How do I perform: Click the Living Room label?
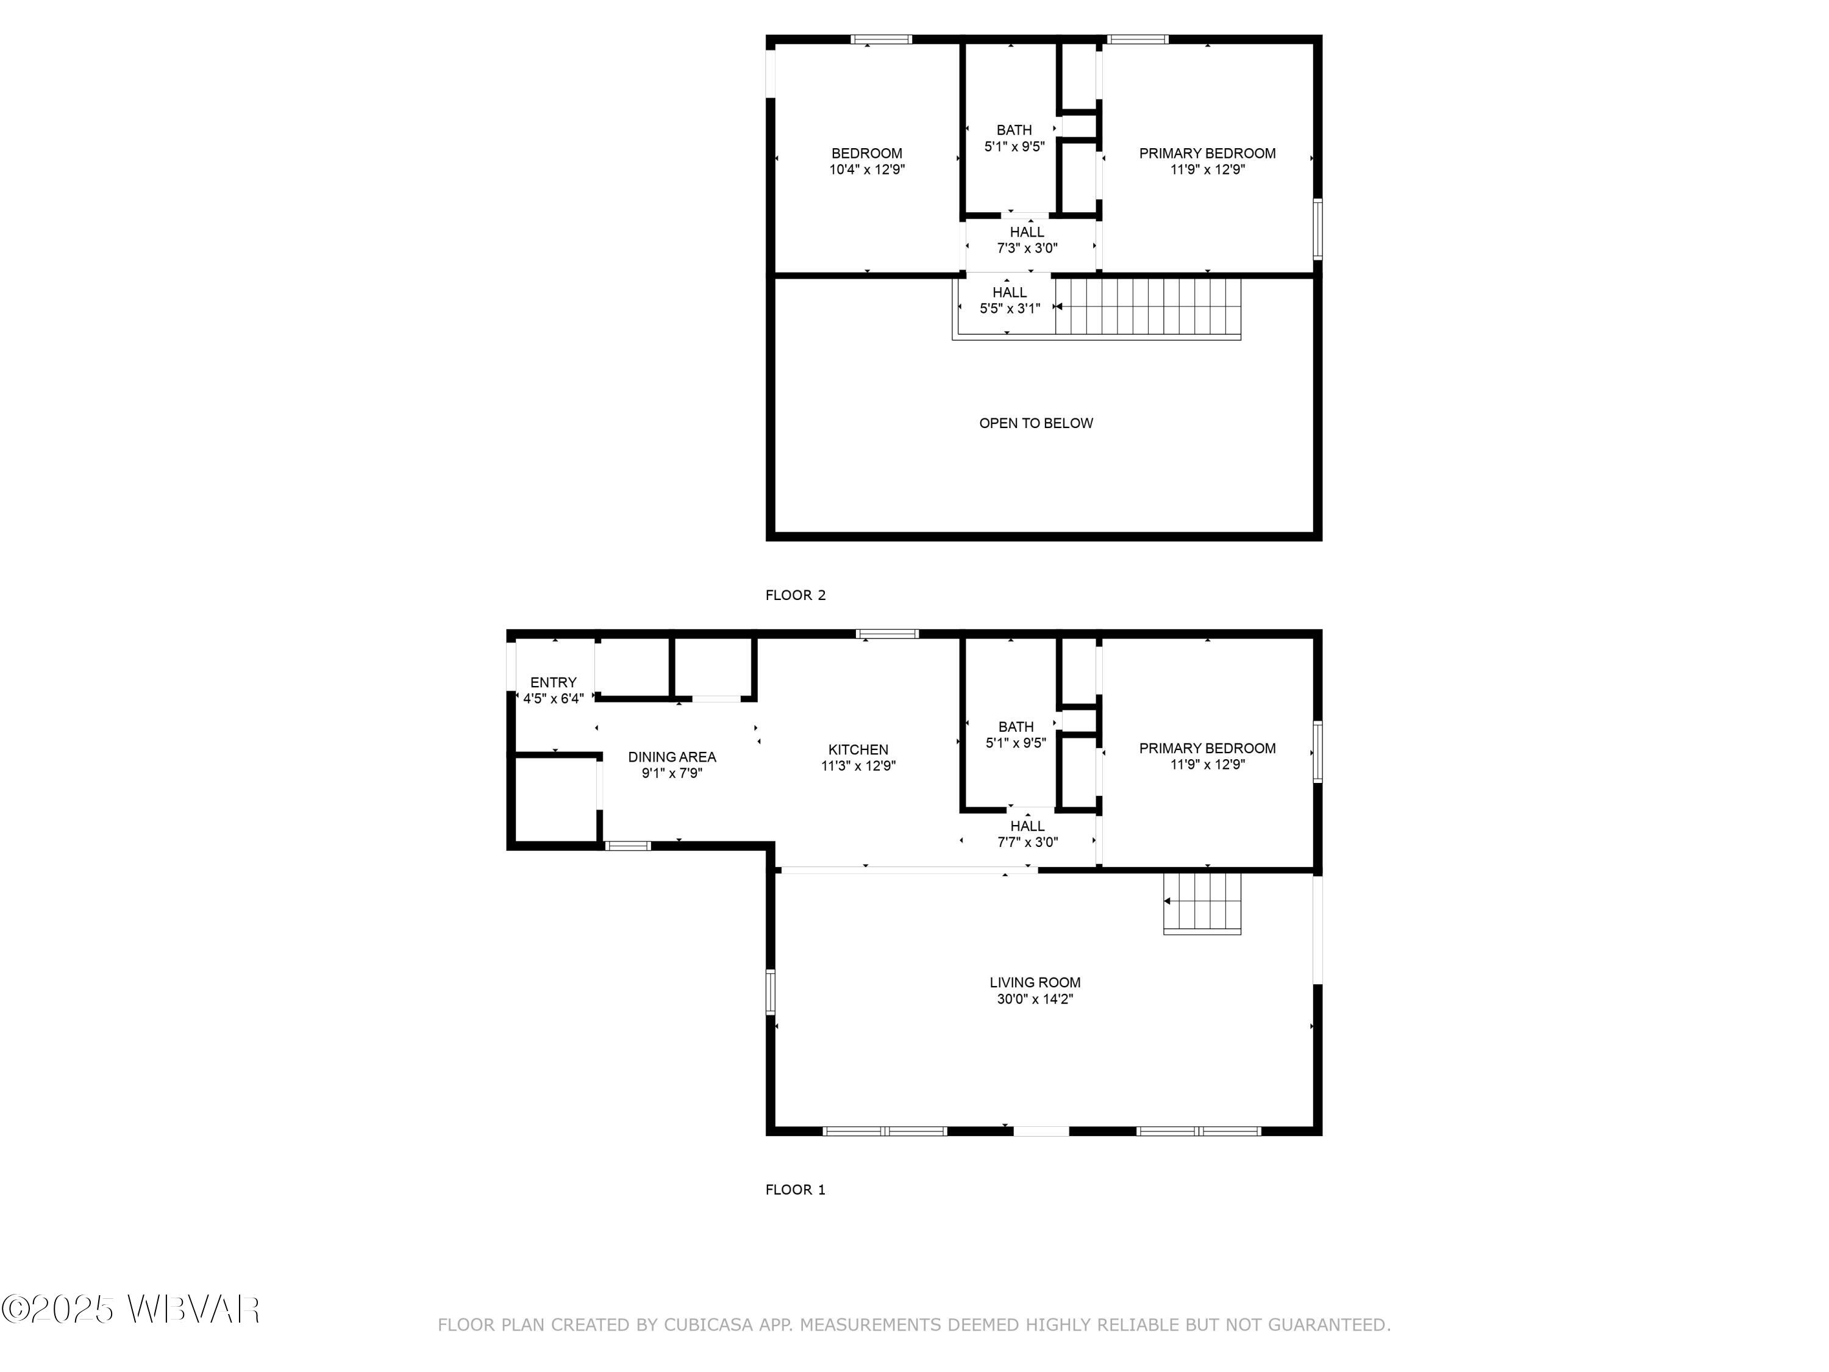pyautogui.click(x=1035, y=982)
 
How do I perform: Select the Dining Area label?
pyautogui.click(x=671, y=757)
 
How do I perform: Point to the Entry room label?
pyautogui.click(x=553, y=682)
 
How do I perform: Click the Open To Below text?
pyautogui.click(x=1035, y=423)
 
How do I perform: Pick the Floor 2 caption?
pyautogui.click(x=794, y=595)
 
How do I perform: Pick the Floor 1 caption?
pyautogui.click(x=794, y=1189)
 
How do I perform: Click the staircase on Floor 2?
pyautogui.click(x=1147, y=306)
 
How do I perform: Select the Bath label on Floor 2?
pyautogui.click(x=1014, y=130)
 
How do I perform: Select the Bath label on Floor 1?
pyautogui.click(x=1015, y=727)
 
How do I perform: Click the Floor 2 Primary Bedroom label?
pyautogui.click(x=1207, y=153)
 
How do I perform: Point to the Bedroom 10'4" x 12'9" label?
pyautogui.click(x=866, y=153)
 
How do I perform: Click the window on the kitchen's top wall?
pyautogui.click(x=887, y=634)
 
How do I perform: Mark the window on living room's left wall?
pyautogui.click(x=771, y=991)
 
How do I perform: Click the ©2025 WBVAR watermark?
pyautogui.click(x=130, y=1309)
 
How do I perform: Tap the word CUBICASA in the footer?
pyautogui.click(x=708, y=1325)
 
